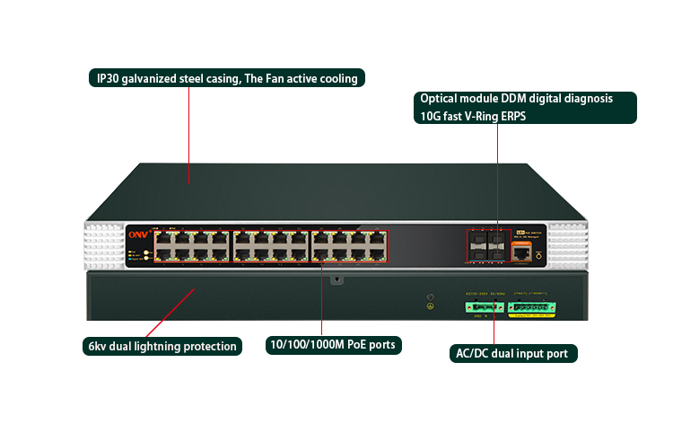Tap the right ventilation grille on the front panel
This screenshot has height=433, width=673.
[x=568, y=245]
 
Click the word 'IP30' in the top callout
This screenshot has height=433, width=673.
[x=110, y=78]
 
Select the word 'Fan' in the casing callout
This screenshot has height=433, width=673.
[x=274, y=78]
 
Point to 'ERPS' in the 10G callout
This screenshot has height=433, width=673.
[x=513, y=116]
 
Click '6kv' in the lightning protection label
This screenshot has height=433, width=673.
[x=97, y=346]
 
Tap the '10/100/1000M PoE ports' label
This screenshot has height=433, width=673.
[x=334, y=344]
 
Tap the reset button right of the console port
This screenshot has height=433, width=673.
[x=540, y=256]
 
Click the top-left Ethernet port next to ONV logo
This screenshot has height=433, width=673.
[x=165, y=238]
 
